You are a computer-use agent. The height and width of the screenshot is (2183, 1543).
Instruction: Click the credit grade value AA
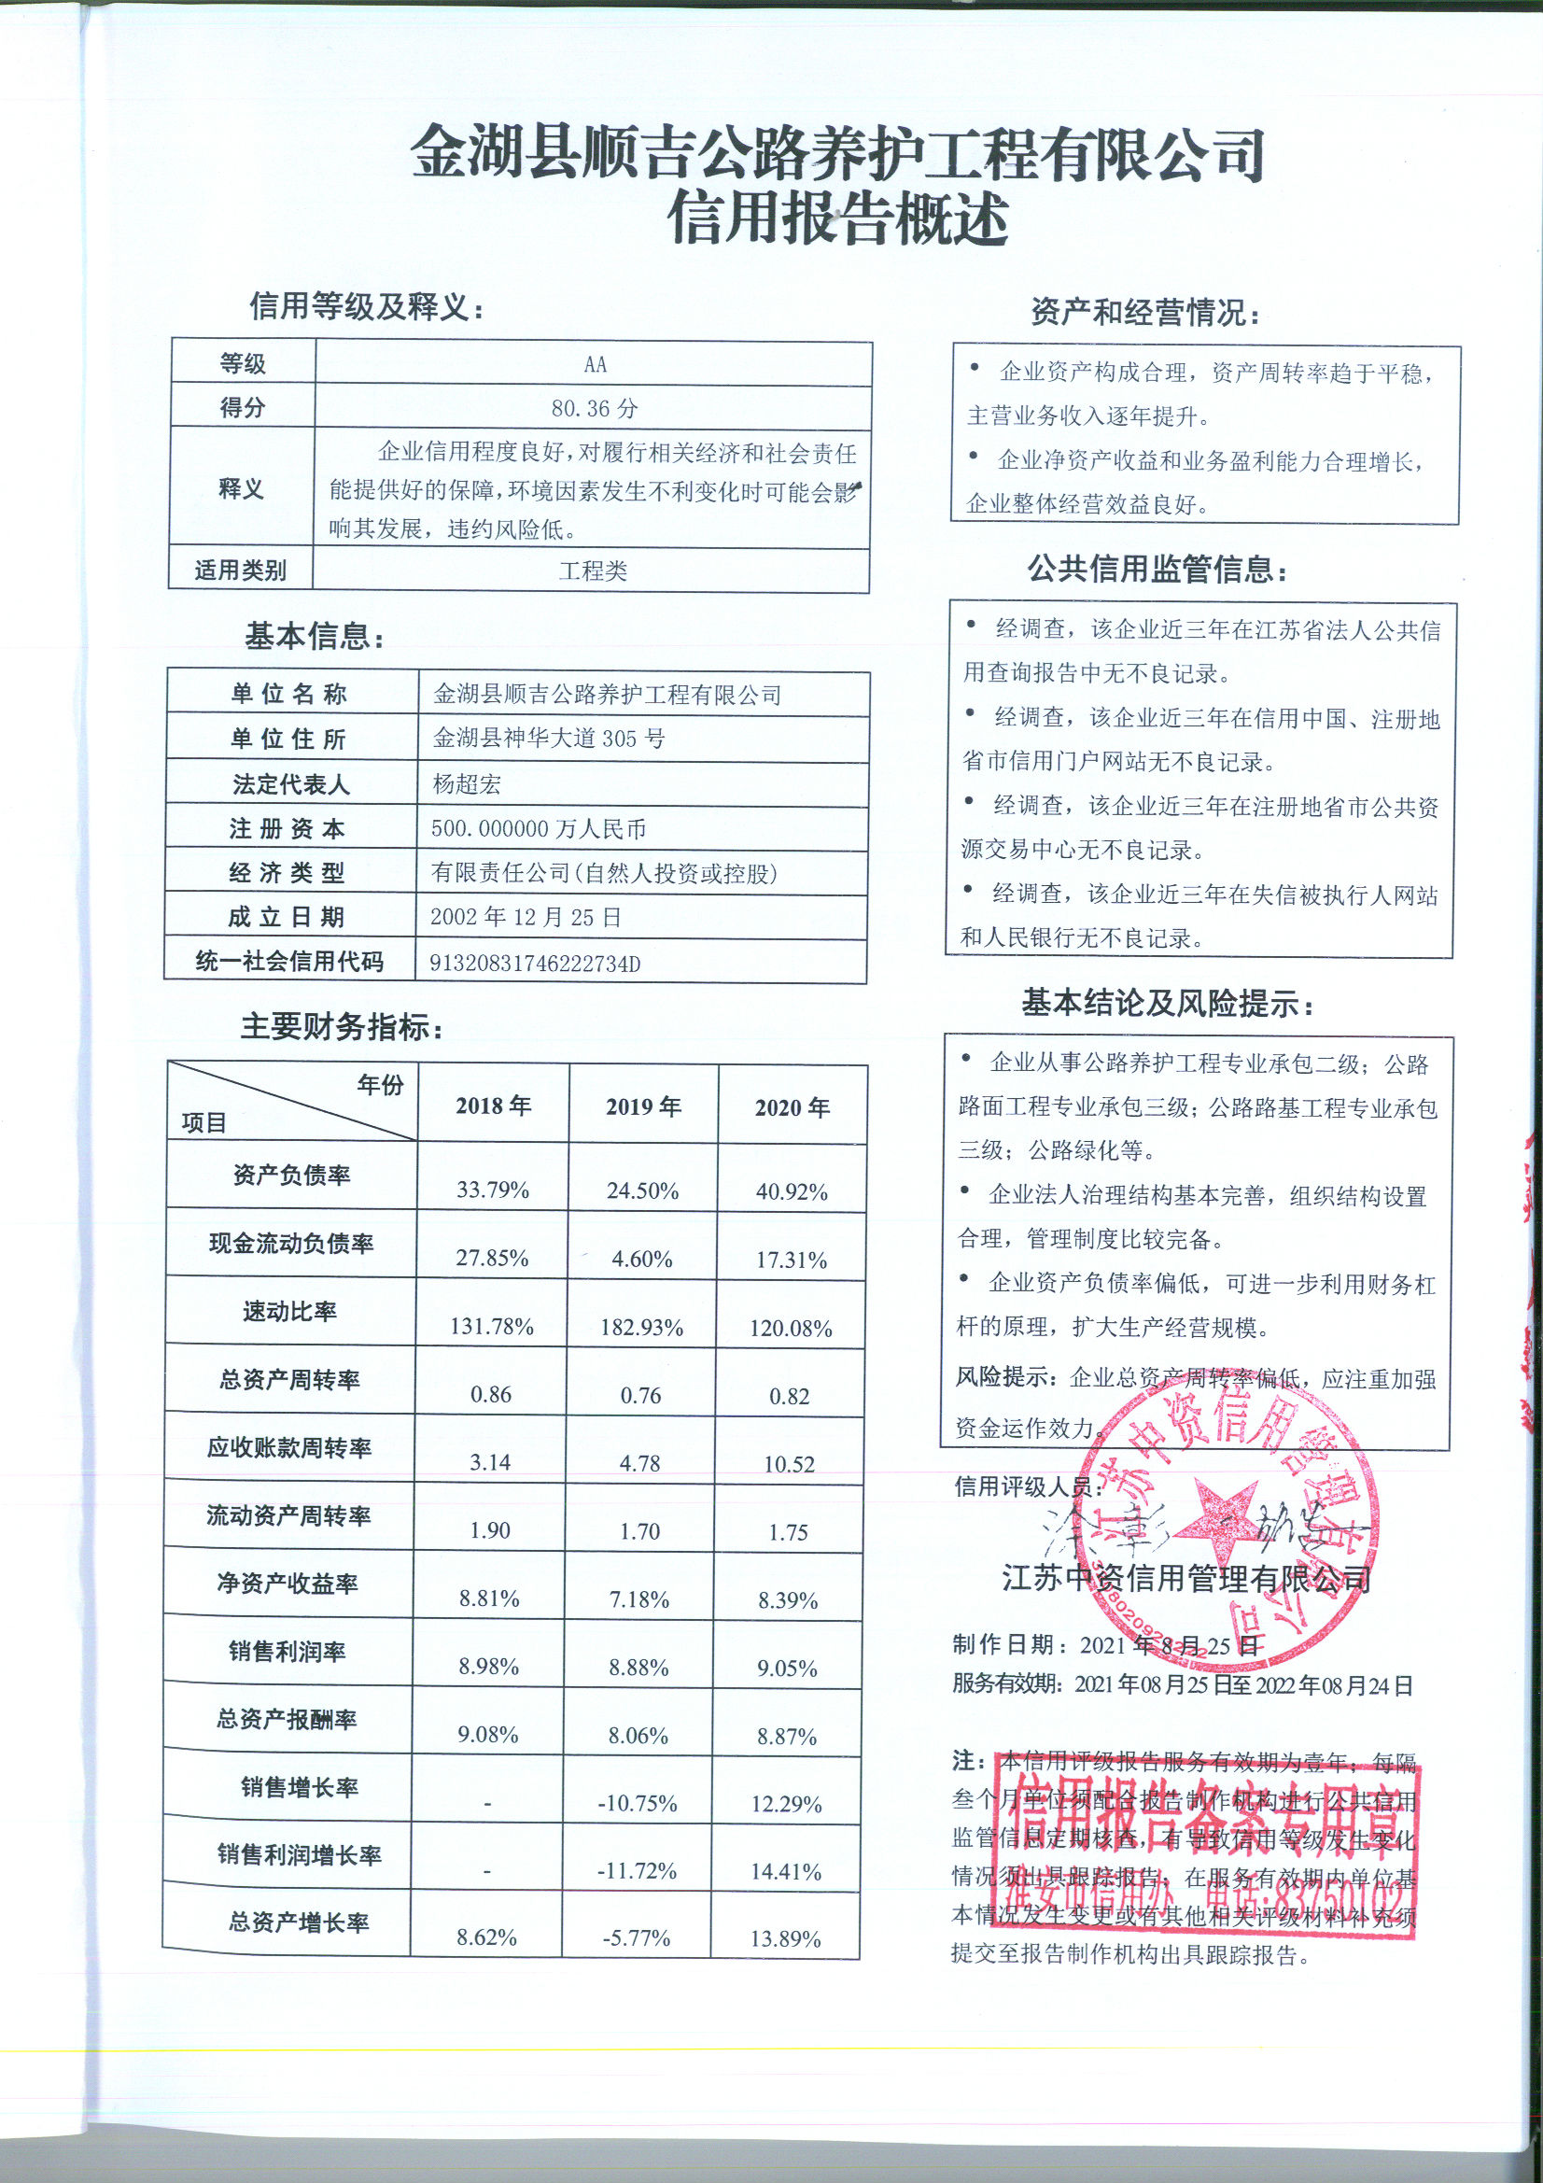[x=595, y=365]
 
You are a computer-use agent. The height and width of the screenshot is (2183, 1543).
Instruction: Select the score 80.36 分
[x=595, y=409]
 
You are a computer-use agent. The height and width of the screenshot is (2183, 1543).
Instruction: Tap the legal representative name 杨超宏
[x=466, y=784]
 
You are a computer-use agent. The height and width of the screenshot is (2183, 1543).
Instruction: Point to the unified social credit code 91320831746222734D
[x=535, y=964]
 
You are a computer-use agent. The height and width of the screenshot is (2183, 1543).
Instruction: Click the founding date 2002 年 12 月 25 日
[x=526, y=918]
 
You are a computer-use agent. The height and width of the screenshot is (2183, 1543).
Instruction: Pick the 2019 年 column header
[x=644, y=1106]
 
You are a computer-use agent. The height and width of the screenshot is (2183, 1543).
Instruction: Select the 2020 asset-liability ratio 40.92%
[x=791, y=1191]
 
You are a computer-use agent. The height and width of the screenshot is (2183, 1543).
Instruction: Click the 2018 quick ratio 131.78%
[x=492, y=1327]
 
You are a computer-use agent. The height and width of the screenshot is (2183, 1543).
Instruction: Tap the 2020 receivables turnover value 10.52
[x=789, y=1464]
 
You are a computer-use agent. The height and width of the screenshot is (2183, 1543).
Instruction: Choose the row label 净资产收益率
[x=288, y=1583]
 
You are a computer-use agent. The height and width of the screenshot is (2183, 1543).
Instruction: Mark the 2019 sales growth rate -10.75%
[x=637, y=1804]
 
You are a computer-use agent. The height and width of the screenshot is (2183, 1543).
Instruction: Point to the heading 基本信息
[x=315, y=637]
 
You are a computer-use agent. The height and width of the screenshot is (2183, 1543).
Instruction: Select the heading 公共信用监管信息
[x=1157, y=570]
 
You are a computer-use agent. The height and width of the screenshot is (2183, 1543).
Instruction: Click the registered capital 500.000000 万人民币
[x=538, y=829]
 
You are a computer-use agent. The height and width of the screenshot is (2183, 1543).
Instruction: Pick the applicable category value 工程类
[x=594, y=571]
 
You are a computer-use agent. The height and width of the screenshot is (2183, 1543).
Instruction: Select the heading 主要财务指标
[x=342, y=1028]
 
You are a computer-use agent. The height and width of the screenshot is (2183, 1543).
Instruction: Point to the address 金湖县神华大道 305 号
[x=549, y=739]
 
